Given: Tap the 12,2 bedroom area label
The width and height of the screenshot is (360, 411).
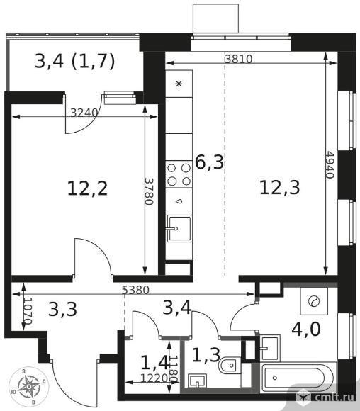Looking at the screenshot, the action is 88,188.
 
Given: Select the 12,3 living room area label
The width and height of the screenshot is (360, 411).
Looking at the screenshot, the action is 279,188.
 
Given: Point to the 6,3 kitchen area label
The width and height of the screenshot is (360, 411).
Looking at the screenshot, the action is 210,162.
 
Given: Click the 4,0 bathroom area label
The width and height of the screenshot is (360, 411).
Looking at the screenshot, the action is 306,330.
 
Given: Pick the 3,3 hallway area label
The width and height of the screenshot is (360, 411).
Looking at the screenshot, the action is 62,309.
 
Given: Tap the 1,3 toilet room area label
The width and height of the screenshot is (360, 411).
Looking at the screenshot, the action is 206,354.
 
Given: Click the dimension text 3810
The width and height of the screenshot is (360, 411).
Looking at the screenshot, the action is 239,60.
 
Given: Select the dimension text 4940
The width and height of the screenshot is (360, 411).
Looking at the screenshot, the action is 330,164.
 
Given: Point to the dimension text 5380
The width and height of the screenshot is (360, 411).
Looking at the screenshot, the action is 136,290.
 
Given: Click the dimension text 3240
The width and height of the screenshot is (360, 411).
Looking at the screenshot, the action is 84,113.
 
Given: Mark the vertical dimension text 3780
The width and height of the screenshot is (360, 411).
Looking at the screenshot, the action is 149,191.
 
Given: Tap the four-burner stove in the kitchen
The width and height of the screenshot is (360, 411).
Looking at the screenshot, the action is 179,174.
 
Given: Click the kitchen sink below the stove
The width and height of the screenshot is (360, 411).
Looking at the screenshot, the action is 179,228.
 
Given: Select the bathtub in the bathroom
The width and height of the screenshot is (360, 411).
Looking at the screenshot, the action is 298,378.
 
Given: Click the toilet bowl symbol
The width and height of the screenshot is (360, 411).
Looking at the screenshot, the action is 230,365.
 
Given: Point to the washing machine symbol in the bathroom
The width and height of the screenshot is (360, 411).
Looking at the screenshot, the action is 314,301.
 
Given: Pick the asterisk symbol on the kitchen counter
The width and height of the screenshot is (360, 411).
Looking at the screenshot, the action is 179,84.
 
